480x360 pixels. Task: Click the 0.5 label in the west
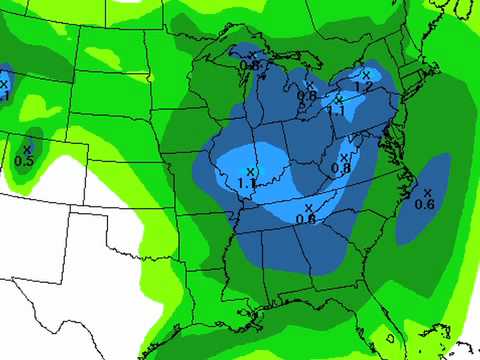[25, 161]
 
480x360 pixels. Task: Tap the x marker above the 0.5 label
[27, 150]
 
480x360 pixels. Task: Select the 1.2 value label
[364, 88]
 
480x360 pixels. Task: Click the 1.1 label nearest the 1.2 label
[337, 111]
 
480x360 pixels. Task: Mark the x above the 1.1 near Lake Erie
[338, 99]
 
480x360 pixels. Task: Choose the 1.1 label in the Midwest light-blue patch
[247, 184]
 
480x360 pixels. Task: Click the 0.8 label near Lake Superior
[249, 65]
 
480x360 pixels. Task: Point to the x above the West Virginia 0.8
[345, 157]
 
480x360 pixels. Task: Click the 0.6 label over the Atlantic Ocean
[425, 205]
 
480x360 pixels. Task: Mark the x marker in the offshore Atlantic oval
[427, 193]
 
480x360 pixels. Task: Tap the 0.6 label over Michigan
[306, 96]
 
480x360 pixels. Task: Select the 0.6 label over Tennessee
[306, 219]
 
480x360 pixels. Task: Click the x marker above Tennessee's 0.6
[308, 208]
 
